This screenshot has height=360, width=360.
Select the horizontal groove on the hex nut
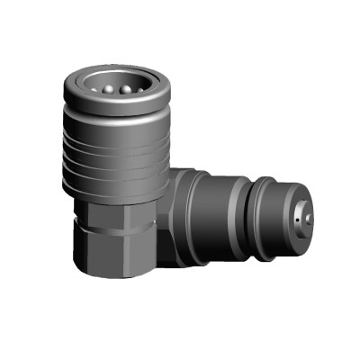click(112, 232)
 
